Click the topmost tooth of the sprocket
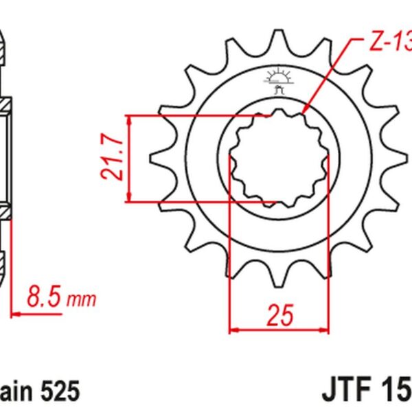277,38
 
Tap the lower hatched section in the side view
5,210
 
